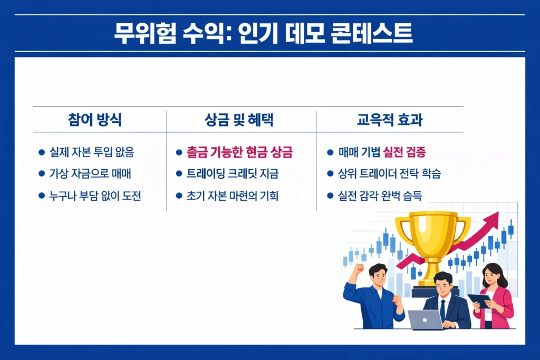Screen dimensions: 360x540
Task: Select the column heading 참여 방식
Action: [x=95, y=120]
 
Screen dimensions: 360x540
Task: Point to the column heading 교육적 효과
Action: [x=390, y=120]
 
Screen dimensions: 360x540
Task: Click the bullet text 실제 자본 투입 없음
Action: [x=91, y=153]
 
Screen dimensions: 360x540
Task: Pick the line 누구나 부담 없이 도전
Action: [x=94, y=196]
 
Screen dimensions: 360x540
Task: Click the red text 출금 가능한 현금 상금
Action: [x=239, y=153]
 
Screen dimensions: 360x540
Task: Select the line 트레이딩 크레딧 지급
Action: [x=233, y=174]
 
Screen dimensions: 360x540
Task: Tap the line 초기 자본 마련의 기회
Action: [x=232, y=196]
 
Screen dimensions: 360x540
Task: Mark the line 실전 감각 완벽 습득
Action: [x=380, y=196]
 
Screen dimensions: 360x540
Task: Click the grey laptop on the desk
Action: [x=425, y=319]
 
